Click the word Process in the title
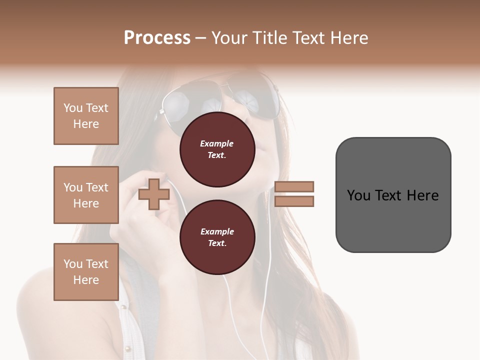click(157, 38)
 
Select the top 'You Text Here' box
click(86, 116)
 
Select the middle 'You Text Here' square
click(86, 195)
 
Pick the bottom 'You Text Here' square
click(86, 271)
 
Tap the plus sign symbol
click(153, 194)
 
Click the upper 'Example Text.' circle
click(217, 149)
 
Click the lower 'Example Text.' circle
click(217, 237)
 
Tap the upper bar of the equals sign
click(294, 186)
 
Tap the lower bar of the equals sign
click(294, 201)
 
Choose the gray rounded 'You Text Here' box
click(393, 195)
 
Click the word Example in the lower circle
click(217, 231)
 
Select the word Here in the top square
click(86, 124)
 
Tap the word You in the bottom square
click(72, 263)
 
